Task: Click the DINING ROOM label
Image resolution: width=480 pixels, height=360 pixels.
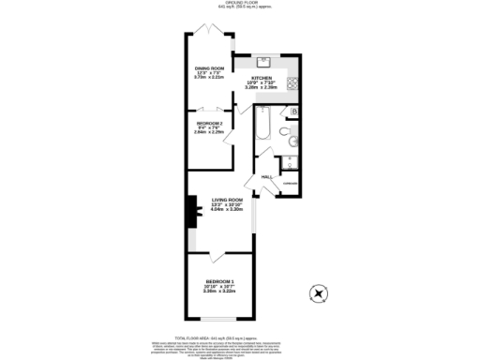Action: coord(209,68)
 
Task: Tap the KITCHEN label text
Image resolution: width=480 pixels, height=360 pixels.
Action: coord(262,77)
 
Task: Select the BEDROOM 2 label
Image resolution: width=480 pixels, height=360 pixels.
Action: coord(209,123)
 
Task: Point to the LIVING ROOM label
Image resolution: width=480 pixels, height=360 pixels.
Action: coord(227,200)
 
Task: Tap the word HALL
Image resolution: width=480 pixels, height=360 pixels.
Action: coord(266,176)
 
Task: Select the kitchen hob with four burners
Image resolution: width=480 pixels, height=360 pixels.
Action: coord(292,82)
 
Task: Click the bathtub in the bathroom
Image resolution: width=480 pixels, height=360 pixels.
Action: coord(263,123)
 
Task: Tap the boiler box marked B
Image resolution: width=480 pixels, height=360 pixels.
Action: coord(294,112)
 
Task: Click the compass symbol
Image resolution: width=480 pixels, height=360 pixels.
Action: coord(320,293)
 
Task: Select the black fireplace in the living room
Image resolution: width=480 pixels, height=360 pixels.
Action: coord(191,213)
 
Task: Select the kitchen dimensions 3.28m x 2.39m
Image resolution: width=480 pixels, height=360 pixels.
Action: coord(262,88)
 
